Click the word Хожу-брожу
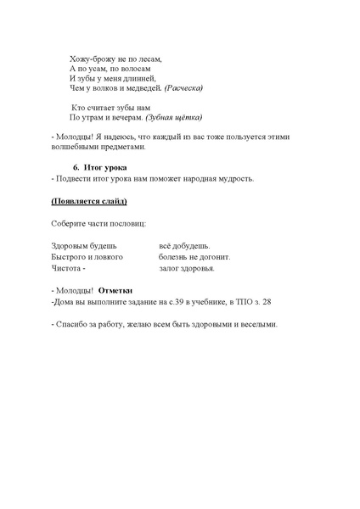pyautogui.click(x=90, y=59)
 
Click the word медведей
pyautogui.click(x=142, y=88)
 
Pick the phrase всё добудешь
pyautogui.click(x=184, y=245)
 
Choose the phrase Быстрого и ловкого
pyautogui.click(x=87, y=256)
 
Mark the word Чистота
pyautogui.click(x=67, y=268)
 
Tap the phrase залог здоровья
pyautogui.click(x=187, y=268)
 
